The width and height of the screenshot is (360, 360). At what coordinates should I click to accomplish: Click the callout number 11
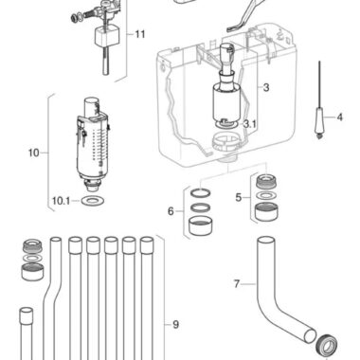[140, 34]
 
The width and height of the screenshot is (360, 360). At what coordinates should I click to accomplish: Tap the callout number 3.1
[250, 124]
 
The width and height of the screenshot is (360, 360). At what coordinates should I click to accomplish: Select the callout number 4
[339, 117]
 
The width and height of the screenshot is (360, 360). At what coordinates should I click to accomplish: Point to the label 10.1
[61, 201]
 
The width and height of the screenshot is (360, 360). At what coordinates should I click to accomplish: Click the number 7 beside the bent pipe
[237, 284]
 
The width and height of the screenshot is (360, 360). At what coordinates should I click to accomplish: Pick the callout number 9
[175, 324]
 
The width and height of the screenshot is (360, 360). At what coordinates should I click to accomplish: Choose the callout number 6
[171, 211]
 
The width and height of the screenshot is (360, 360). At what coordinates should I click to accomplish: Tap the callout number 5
[239, 198]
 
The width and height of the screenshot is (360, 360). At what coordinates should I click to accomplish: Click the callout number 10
[34, 153]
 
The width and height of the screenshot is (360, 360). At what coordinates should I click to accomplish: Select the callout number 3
[266, 87]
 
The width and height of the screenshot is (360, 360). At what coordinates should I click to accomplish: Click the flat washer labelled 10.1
[93, 200]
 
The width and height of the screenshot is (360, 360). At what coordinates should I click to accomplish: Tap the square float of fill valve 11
[107, 36]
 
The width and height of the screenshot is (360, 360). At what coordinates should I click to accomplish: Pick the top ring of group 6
[201, 192]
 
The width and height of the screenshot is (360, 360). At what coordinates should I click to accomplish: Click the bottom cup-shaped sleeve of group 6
[201, 226]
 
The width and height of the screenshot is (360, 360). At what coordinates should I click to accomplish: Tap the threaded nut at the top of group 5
[266, 182]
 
